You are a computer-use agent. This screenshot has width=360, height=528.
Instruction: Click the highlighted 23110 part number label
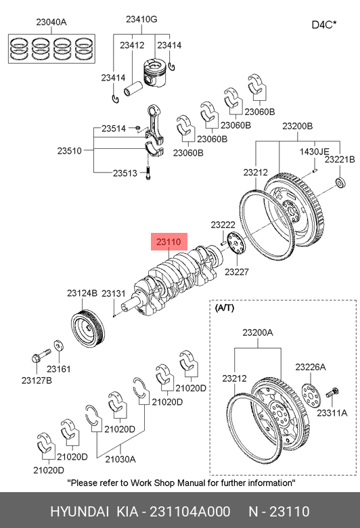tap(168, 242)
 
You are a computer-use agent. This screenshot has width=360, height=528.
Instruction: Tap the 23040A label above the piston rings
tap(51, 22)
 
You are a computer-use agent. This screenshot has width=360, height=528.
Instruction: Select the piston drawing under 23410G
tap(155, 72)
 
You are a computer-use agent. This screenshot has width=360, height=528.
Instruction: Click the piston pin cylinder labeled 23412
tap(133, 89)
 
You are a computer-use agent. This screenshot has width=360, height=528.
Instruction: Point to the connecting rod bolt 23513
tap(148, 173)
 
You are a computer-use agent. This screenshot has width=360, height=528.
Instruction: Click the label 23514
tap(114, 129)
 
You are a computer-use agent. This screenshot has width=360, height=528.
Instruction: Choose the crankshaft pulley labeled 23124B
tap(88, 328)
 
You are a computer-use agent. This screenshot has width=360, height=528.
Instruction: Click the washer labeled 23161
tap(60, 346)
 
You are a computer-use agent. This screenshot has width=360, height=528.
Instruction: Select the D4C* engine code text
tap(324, 25)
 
